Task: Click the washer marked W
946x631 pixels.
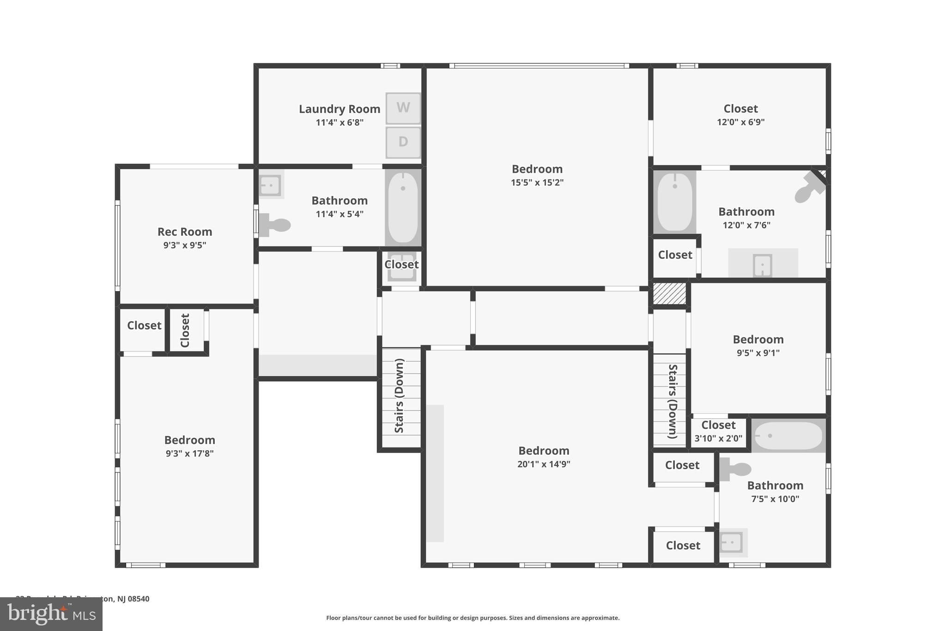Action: point(403,108)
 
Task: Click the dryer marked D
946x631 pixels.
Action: point(403,142)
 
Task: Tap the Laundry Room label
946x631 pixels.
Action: point(340,109)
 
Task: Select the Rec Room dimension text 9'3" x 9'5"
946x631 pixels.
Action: point(185,245)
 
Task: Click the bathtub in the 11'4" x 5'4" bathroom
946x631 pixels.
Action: point(403,208)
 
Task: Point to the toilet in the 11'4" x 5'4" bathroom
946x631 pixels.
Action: point(275,225)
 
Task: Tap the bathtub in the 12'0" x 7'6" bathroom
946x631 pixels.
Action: point(675,202)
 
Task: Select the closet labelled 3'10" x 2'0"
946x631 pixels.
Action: point(718,432)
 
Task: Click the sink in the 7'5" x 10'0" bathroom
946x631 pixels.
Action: point(732,542)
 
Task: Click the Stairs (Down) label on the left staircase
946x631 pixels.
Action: point(400,396)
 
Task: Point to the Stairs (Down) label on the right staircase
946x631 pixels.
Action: point(673,401)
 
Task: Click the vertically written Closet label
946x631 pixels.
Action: point(185,331)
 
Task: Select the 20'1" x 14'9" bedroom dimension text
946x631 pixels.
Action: point(544,464)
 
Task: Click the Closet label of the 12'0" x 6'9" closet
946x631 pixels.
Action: point(740,109)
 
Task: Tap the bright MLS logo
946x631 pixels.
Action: point(51,614)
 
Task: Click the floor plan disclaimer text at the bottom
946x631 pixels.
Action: point(473,618)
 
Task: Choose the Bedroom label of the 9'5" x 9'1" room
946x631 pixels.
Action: point(758,339)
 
